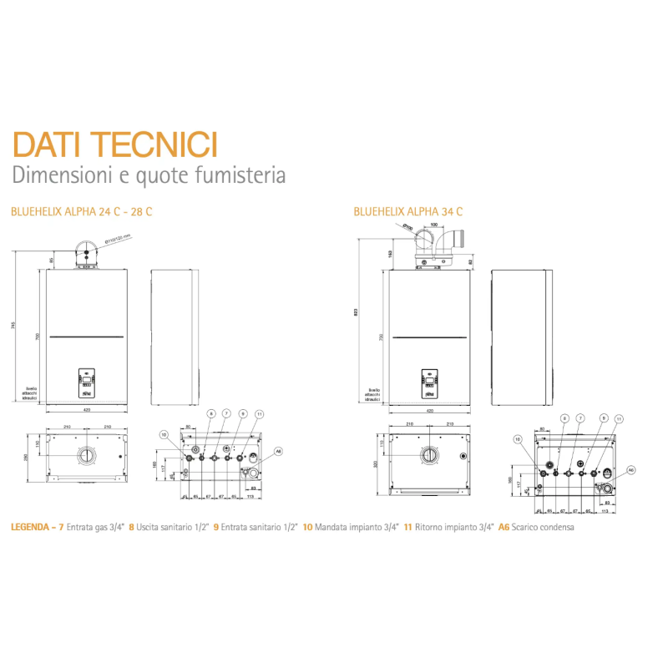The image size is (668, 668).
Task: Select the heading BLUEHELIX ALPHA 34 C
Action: (408, 212)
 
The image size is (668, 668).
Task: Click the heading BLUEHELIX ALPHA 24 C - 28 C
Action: (81, 212)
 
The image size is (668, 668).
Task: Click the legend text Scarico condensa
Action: (544, 527)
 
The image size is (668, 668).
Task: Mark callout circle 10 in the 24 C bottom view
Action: (164, 434)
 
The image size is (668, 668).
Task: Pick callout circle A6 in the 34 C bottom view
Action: (631, 470)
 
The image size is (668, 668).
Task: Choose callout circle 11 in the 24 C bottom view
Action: (260, 414)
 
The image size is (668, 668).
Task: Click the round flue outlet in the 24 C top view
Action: (86, 457)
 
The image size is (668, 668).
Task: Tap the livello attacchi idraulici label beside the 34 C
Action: (372, 394)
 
